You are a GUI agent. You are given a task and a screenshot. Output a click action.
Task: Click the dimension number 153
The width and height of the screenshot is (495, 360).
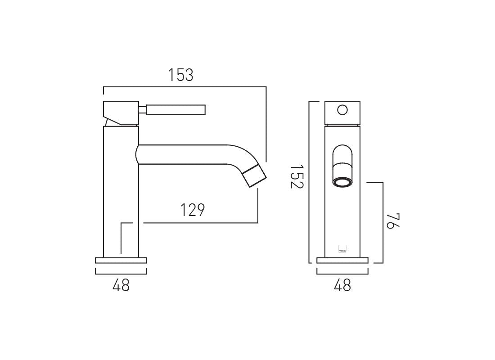click(181, 75)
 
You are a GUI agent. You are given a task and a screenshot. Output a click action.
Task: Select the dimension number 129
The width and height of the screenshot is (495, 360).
click(193, 210)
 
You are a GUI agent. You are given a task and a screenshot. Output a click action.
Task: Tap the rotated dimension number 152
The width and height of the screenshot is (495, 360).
click(297, 176)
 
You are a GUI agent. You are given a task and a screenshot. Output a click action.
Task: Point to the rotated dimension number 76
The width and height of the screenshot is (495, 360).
click(393, 221)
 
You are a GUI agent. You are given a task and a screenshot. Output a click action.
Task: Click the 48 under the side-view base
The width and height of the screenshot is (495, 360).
click(121, 285)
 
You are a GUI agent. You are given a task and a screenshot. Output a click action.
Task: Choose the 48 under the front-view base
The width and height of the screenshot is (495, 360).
click(342, 285)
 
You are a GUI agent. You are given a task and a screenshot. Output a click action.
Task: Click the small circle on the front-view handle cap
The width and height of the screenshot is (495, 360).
click(342, 110)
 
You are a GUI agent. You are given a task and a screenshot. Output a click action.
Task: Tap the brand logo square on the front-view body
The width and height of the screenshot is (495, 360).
click(342, 248)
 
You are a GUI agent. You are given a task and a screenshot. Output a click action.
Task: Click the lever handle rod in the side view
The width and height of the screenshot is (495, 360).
click(176, 110)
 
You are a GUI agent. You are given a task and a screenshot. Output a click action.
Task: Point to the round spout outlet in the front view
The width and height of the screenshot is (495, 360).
click(342, 182)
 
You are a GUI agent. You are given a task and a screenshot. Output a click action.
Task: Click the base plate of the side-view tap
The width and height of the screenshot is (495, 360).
click(121, 260)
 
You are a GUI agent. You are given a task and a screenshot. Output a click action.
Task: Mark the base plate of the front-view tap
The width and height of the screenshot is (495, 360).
click(342, 260)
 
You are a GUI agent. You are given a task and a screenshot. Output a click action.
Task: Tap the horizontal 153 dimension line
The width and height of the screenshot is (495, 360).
click(184, 87)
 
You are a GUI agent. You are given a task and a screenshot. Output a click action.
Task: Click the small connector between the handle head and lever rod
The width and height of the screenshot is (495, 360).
click(142, 110)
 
